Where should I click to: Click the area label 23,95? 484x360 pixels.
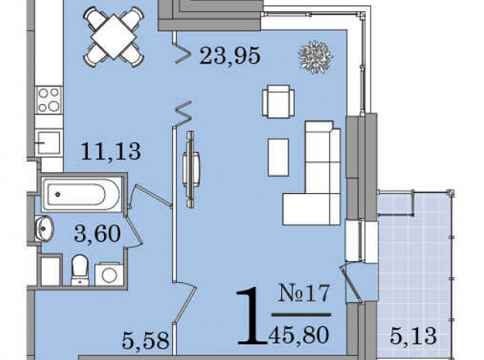[x=230, y=56]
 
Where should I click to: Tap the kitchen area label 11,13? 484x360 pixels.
[x=111, y=151]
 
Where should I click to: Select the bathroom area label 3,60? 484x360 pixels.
[x=97, y=233]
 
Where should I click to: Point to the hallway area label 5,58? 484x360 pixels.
[x=145, y=340]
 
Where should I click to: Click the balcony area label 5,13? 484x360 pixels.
[x=413, y=336]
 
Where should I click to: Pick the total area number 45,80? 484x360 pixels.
[x=298, y=335]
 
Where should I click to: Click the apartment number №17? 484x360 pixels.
[x=304, y=293]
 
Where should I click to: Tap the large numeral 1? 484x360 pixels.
[x=252, y=315]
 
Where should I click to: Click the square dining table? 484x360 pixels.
[x=114, y=37]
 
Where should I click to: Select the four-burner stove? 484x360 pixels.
[x=49, y=99]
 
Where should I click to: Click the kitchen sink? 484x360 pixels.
[x=49, y=143]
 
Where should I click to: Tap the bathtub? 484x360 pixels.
[x=81, y=194]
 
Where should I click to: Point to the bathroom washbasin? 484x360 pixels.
[x=44, y=228]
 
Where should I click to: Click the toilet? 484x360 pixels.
[x=80, y=270]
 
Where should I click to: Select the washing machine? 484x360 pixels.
[x=109, y=274]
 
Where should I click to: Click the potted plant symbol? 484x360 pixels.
[x=315, y=57]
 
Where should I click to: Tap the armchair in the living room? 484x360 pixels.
[x=278, y=101]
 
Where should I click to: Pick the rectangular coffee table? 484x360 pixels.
[x=279, y=157]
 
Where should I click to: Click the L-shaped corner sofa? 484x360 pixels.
[x=312, y=173]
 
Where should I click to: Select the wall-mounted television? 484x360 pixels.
[x=191, y=170]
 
